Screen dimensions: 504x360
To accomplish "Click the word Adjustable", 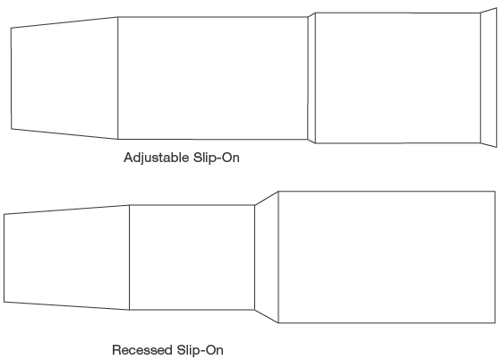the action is click(x=157, y=159).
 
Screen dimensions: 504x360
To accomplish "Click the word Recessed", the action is click(x=141, y=350).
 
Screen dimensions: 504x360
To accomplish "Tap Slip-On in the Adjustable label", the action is click(x=217, y=158).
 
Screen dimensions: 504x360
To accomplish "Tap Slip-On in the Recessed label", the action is click(x=200, y=350).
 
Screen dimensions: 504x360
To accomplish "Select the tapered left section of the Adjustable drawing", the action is click(x=64, y=78).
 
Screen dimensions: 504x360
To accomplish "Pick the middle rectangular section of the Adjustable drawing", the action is click(x=212, y=78).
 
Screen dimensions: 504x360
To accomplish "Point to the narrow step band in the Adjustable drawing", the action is click(x=312, y=78).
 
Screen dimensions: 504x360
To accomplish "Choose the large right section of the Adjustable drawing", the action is click(x=398, y=78).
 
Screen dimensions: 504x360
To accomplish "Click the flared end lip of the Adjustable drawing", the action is click(x=489, y=78).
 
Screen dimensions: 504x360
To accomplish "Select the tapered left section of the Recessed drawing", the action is click(x=66, y=258).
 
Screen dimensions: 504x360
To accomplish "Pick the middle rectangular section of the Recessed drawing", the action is click(x=192, y=258).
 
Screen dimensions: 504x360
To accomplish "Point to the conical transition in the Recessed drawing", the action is click(x=267, y=257).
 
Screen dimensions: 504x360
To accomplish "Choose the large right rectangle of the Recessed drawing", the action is click(x=387, y=257).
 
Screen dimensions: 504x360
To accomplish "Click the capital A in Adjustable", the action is click(x=129, y=158).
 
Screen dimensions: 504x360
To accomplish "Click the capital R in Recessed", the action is click(x=116, y=349).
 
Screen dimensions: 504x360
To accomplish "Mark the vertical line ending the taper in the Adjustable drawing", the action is click(x=117, y=78).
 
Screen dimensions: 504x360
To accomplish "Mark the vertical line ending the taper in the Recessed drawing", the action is click(x=129, y=258).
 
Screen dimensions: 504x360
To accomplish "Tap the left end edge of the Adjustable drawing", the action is click(x=12, y=79).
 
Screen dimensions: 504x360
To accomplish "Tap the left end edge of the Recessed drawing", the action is click(x=4, y=258).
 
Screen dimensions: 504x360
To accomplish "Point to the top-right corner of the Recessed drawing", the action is click(x=495, y=192).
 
